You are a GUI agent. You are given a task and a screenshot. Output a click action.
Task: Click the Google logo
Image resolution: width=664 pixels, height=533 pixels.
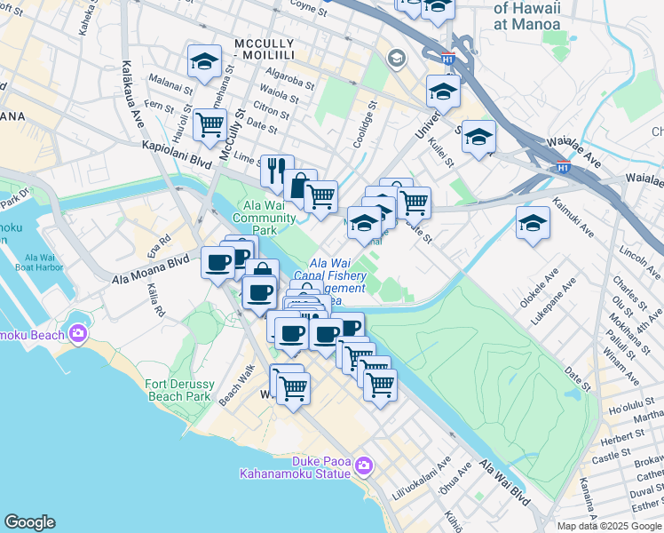[x=29, y=522]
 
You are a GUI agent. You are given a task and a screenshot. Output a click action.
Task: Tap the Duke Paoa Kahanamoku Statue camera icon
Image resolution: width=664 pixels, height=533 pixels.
[x=363, y=466]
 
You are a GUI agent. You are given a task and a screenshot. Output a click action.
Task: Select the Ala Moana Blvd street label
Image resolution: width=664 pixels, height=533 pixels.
[x=152, y=270]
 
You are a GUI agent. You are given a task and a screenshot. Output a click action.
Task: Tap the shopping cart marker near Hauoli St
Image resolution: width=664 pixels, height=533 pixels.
[x=209, y=125]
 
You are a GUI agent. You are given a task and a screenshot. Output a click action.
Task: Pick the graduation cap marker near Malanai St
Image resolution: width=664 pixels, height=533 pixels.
[x=204, y=62]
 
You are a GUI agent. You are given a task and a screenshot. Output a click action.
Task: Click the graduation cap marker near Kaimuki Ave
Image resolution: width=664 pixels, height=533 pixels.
[x=533, y=223]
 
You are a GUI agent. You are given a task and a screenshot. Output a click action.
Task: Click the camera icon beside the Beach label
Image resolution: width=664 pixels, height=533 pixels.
[x=78, y=333]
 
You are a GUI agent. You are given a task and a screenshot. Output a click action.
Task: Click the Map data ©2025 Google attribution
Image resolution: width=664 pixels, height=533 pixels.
[x=610, y=526]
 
